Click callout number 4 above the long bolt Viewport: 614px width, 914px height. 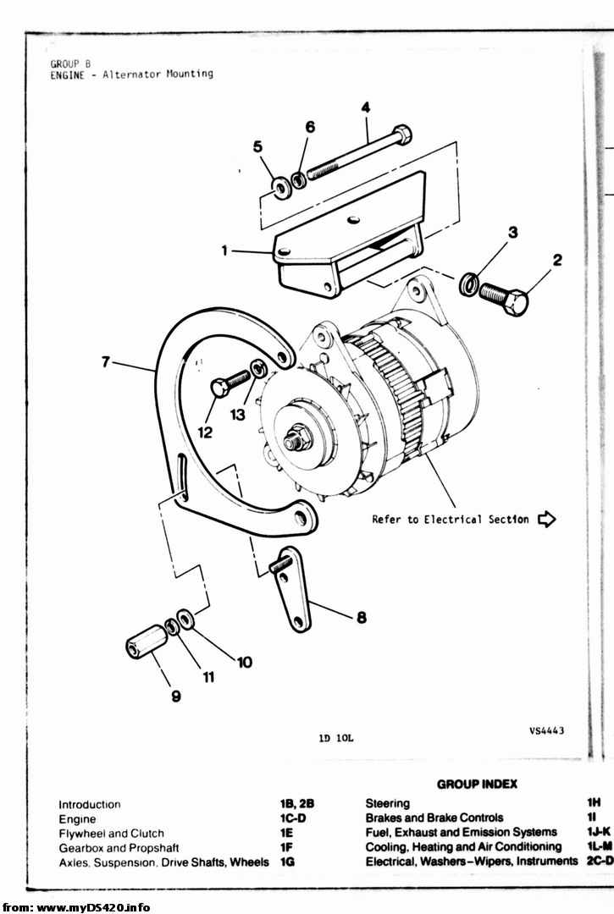pos(366,107)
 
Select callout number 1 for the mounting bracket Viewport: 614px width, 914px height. pos(224,250)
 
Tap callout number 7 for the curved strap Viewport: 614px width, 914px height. pos(105,362)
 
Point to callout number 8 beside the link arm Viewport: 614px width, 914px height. pos(361,618)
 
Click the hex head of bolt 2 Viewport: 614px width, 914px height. pos(514,300)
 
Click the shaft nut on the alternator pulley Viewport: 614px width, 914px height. pos(296,439)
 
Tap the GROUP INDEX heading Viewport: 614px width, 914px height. pos(477,785)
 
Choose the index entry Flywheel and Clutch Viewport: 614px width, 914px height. pos(111,834)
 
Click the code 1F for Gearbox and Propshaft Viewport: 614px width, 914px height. pos(286,848)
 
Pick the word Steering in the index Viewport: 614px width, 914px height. pos(387,803)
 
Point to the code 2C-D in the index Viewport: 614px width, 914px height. pos(599,862)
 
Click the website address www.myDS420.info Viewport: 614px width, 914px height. pos(84,906)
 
